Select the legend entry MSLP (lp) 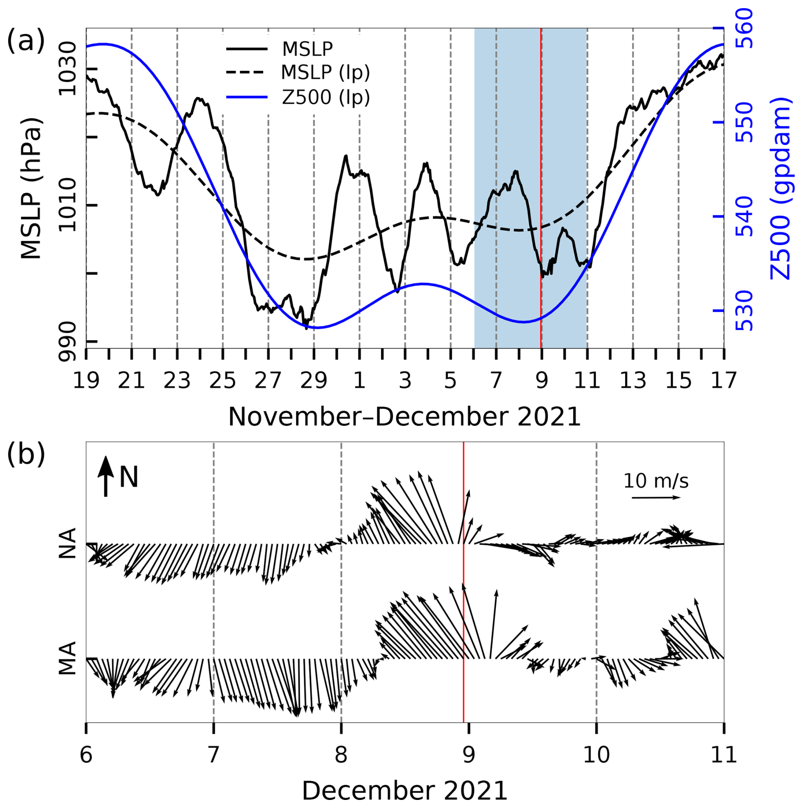pos(325,73)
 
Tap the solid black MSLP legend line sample pos(247,49)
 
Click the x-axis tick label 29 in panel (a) pos(314,380)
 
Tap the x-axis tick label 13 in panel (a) pos(633,380)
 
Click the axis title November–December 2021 pos(404,417)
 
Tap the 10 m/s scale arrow pos(656,498)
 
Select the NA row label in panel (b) pos(67,543)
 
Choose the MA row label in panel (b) pos(67,658)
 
